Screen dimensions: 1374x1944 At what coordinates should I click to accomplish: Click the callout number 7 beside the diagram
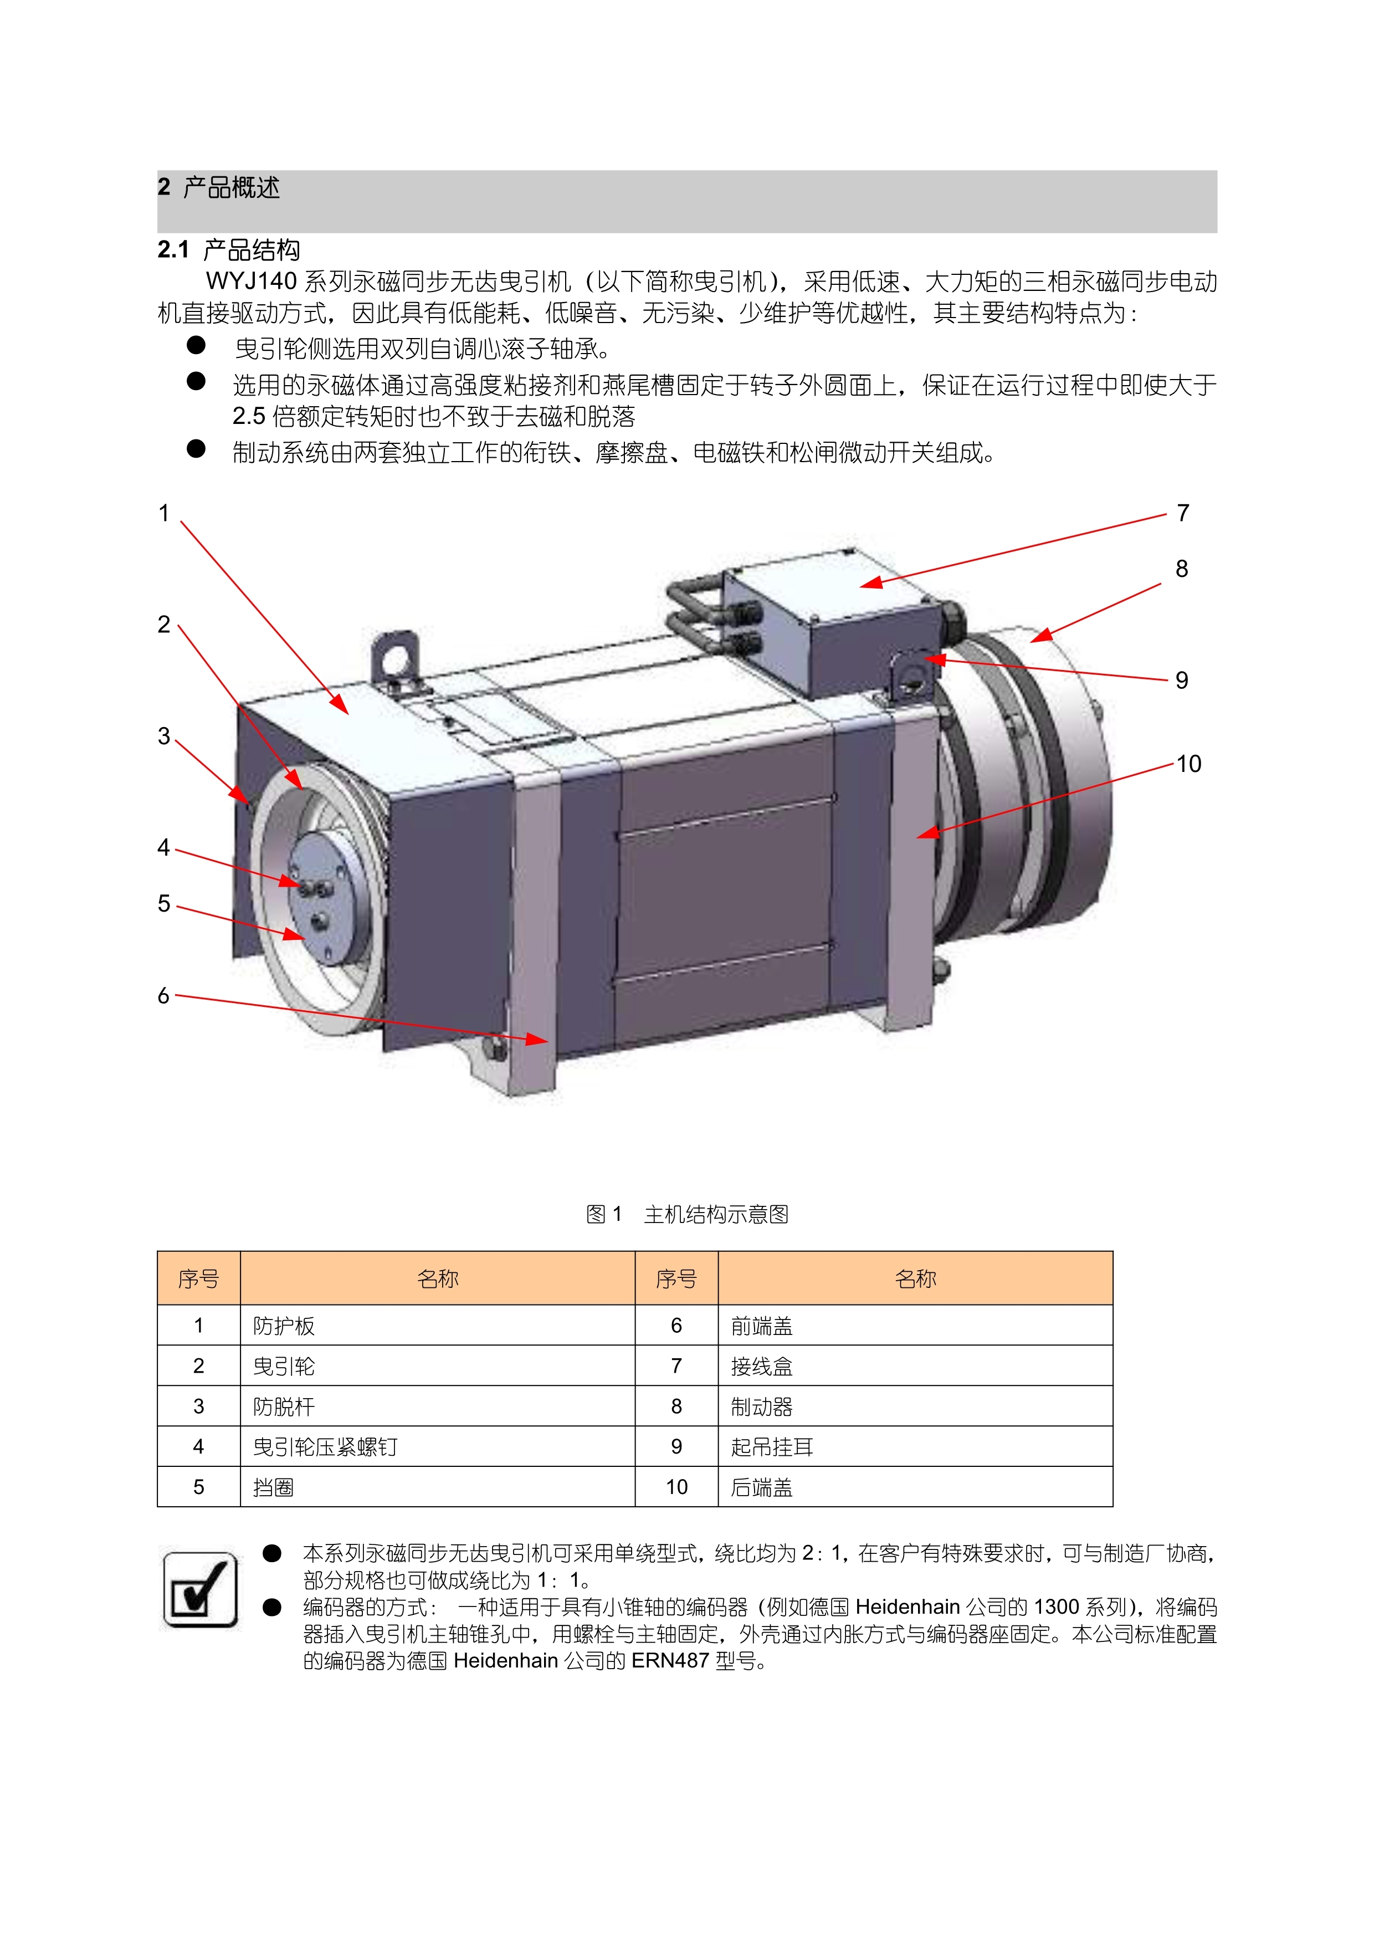(1183, 513)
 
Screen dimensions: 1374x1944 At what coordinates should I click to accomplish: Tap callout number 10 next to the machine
(1188, 764)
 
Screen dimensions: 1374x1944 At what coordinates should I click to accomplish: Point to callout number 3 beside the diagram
(164, 736)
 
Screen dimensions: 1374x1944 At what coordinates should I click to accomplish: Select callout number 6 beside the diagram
(164, 996)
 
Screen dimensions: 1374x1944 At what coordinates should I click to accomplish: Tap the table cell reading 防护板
(284, 1326)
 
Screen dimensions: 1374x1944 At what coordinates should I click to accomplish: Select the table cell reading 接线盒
(762, 1367)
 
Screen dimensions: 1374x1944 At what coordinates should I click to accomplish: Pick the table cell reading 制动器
(762, 1407)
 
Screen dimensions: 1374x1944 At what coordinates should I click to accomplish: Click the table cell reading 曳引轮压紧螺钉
(325, 1447)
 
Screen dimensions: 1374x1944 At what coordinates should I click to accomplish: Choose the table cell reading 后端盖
(762, 1487)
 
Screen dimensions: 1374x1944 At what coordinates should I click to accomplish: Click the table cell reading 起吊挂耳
(772, 1447)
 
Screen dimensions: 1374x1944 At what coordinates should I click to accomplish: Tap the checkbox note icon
(200, 1590)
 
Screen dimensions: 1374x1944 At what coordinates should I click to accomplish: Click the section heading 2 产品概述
(218, 187)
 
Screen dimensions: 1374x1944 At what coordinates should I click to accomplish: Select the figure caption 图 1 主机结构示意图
(688, 1214)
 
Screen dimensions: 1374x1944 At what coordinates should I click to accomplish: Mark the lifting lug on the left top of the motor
(394, 658)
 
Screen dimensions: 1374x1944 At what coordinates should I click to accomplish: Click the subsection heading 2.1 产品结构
(229, 250)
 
